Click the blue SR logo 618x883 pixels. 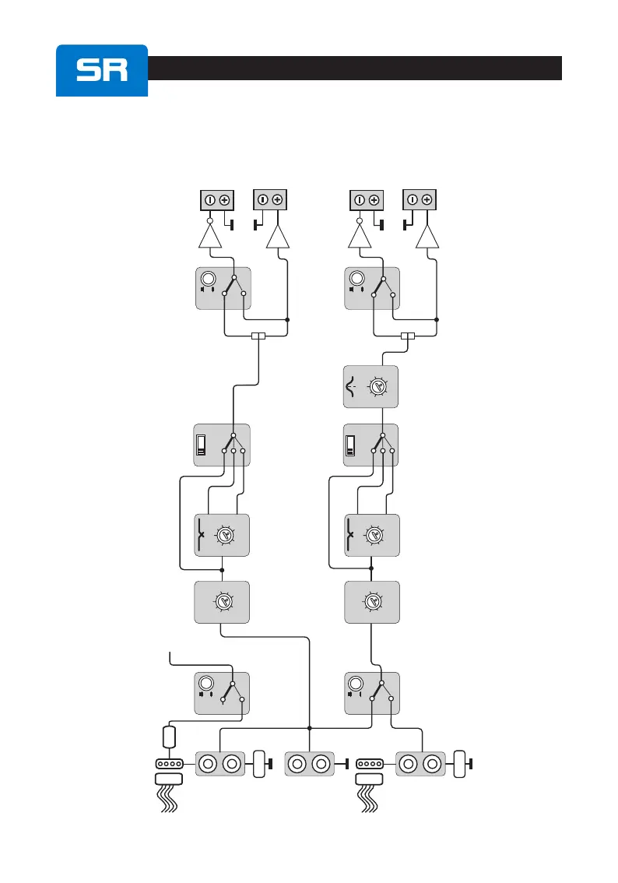click(x=102, y=70)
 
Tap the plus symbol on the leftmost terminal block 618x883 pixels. click(x=224, y=199)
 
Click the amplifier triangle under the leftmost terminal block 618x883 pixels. click(x=211, y=234)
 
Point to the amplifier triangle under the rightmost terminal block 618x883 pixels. click(x=427, y=234)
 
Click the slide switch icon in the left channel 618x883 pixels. click(x=202, y=445)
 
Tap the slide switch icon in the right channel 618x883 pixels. click(x=351, y=445)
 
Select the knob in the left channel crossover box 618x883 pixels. click(x=226, y=535)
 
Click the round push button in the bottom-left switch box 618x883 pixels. click(x=206, y=685)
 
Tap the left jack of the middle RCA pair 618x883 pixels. click(x=297, y=765)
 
